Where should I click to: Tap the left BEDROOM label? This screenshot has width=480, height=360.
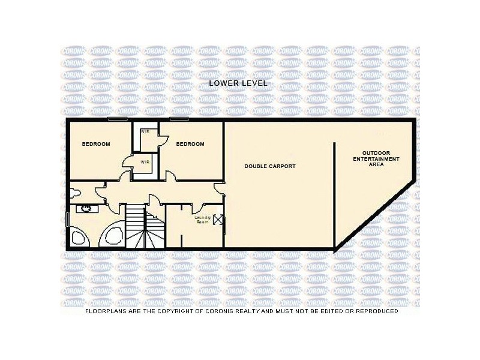point(96,144)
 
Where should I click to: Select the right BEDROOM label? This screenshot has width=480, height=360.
point(190,144)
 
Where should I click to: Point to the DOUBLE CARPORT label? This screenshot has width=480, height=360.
point(269,166)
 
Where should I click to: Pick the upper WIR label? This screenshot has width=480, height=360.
point(145,131)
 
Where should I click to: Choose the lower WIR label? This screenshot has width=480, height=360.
point(145,162)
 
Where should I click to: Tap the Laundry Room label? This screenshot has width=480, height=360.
point(202,220)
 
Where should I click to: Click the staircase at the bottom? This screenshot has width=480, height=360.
point(145,228)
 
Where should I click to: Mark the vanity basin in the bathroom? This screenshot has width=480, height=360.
point(86,209)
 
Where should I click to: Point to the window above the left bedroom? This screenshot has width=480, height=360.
point(118,119)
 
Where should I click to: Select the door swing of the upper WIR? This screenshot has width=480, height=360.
point(161,139)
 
